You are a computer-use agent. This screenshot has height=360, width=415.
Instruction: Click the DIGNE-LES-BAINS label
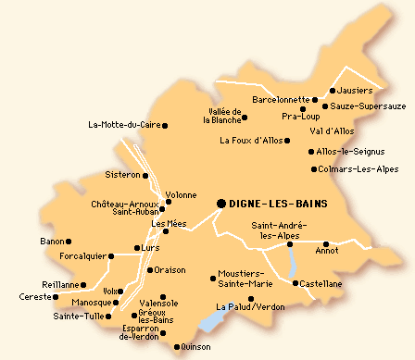click(x=277, y=204)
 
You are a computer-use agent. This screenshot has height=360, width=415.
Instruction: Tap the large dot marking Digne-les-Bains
click(x=221, y=203)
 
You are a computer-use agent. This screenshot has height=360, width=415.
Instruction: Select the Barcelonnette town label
click(x=280, y=99)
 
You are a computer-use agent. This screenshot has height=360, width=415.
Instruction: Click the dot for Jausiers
click(x=332, y=92)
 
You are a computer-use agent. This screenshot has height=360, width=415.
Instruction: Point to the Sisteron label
click(x=122, y=174)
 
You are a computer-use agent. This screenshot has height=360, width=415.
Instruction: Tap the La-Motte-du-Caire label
click(x=123, y=125)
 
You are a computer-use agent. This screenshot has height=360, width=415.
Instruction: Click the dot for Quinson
click(x=176, y=347)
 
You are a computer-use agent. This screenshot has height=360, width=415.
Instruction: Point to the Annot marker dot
click(x=326, y=244)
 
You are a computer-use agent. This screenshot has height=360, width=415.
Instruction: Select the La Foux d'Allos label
click(x=248, y=141)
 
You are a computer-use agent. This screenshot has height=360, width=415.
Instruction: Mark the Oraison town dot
click(x=148, y=270)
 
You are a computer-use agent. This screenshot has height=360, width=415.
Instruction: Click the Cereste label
click(x=35, y=297)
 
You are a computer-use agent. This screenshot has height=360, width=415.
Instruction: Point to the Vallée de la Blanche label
click(x=223, y=116)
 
